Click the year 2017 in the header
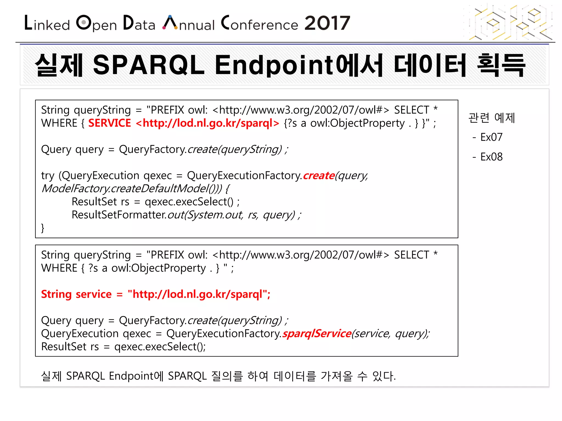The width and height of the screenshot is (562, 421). (x=327, y=23)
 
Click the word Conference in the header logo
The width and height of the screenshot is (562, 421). (x=260, y=24)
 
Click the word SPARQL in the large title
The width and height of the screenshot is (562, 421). (x=148, y=65)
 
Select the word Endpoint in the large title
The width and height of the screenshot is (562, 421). (x=274, y=66)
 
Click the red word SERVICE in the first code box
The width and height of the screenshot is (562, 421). (x=109, y=123)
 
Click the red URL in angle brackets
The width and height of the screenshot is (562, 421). (x=207, y=123)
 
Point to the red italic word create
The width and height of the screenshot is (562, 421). (x=319, y=175)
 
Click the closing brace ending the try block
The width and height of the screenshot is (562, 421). (x=43, y=228)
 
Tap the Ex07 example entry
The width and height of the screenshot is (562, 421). (x=491, y=137)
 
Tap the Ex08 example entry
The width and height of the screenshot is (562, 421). (x=491, y=157)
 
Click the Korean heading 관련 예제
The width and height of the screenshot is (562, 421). (x=491, y=118)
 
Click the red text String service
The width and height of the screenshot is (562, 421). (x=76, y=294)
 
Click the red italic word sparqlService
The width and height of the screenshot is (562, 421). (x=317, y=334)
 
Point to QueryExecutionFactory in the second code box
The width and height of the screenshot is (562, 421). (x=223, y=334)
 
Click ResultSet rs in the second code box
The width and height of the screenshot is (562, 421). (x=70, y=347)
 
